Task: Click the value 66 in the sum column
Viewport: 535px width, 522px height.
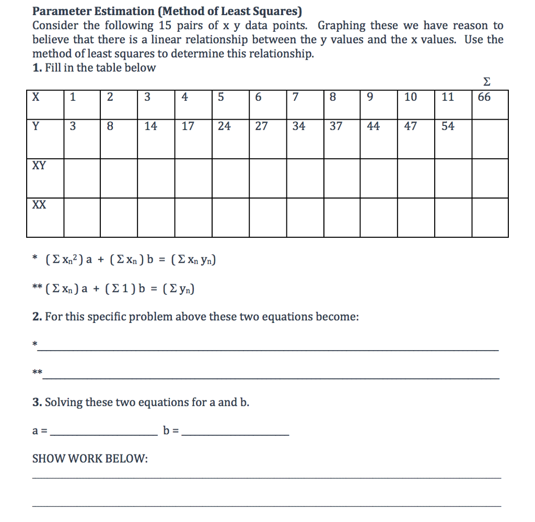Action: (484, 97)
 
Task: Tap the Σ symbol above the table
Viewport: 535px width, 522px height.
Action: (487, 82)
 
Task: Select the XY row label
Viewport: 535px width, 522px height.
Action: (39, 166)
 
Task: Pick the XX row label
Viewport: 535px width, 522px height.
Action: (39, 205)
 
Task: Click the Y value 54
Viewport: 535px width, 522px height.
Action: (448, 126)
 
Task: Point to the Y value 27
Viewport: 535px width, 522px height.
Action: (261, 126)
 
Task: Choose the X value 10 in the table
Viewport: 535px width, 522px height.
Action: (410, 97)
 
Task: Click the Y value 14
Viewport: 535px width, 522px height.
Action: (150, 126)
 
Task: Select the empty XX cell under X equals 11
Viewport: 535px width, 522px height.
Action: (453, 217)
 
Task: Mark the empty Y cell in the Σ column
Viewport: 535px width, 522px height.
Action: (490, 138)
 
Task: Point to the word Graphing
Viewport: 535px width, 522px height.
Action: (340, 26)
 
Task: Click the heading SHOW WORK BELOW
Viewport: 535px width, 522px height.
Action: (90, 459)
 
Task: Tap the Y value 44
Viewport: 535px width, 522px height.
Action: (373, 126)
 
